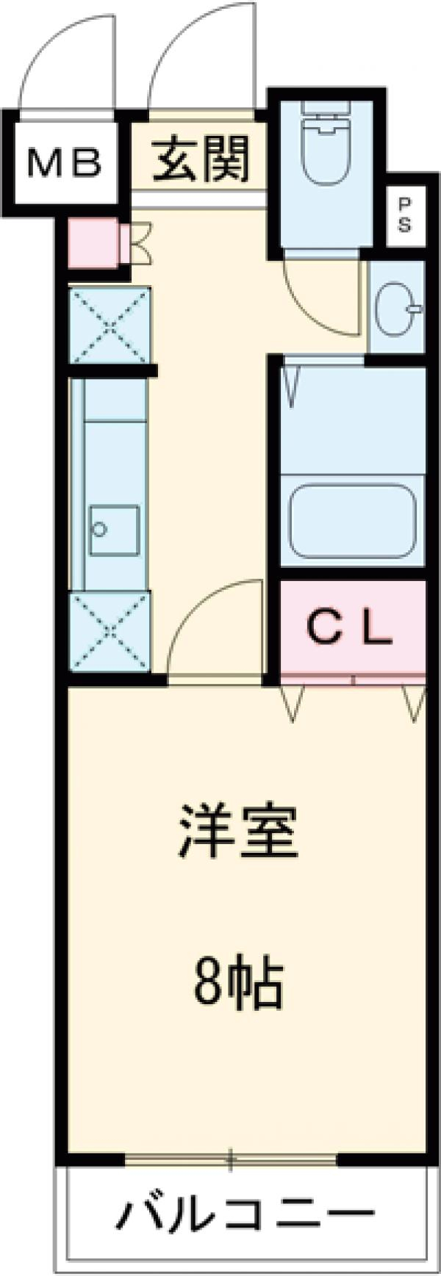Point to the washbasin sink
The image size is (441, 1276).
coord(398,309)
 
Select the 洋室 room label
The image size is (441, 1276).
coord(237,832)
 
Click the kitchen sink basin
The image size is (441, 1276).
coord(115,530)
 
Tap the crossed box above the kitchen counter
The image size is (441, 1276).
coord(110,325)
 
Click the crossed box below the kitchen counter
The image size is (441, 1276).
coord(110,630)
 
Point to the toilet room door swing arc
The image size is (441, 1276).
coord(316,298)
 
